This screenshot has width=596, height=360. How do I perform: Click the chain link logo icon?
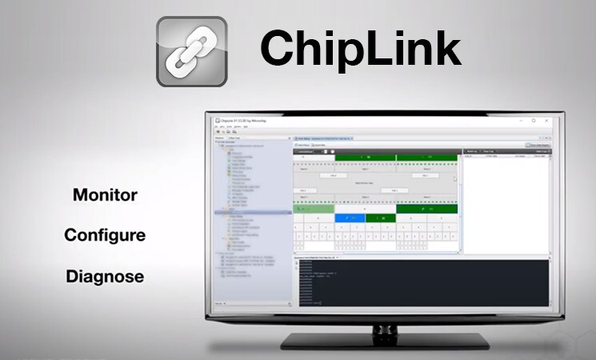coord(191,51)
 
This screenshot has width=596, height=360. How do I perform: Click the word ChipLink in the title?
coord(360,50)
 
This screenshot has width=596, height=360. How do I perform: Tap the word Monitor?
coord(105,194)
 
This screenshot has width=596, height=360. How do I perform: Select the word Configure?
coord(105,235)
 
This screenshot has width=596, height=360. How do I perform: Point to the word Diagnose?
coord(105,277)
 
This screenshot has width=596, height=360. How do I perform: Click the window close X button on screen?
coord(549,119)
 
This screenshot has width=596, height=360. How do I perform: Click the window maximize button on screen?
coord(534,119)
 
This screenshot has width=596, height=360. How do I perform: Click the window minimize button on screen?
coord(518,119)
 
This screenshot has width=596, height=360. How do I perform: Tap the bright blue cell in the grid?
coord(350,218)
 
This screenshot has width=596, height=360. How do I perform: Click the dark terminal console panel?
coord(424,284)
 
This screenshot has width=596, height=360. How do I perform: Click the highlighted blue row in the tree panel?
coord(253,212)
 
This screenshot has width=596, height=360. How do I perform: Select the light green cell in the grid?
coord(314,209)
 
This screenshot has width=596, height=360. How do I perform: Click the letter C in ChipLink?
coord(277,50)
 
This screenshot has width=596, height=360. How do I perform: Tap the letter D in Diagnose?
coord(72,277)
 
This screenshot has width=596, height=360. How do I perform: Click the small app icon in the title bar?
coord(218,120)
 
